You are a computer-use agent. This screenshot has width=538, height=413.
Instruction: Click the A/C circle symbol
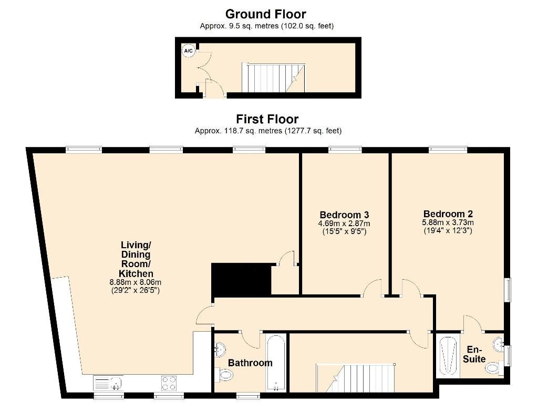pyautogui.click(x=188, y=51)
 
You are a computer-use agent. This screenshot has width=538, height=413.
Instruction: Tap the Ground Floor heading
pyautogui.click(x=265, y=14)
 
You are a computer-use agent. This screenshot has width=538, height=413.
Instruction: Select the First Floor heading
pyautogui.click(x=267, y=119)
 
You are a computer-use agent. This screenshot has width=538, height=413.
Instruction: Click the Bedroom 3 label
pyautogui.click(x=344, y=215)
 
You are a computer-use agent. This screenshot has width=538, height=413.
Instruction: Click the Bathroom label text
pyautogui.click(x=250, y=363)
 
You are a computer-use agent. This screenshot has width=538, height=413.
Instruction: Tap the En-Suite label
pyautogui.click(x=474, y=354)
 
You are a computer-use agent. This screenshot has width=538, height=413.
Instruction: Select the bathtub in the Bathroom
pyautogui.click(x=276, y=363)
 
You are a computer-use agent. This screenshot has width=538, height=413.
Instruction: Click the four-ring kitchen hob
pyautogui.click(x=168, y=383)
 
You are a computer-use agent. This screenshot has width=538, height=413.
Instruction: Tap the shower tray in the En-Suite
pyautogui.click(x=448, y=356)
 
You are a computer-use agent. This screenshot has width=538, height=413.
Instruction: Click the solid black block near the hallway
pyautogui.click(x=240, y=279)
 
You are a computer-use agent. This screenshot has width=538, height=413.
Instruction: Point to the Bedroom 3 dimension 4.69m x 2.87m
pyautogui.click(x=344, y=224)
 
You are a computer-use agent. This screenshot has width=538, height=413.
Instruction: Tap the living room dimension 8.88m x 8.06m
pyautogui.click(x=136, y=282)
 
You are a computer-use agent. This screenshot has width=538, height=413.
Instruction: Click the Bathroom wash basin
pyautogui.click(x=220, y=349)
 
